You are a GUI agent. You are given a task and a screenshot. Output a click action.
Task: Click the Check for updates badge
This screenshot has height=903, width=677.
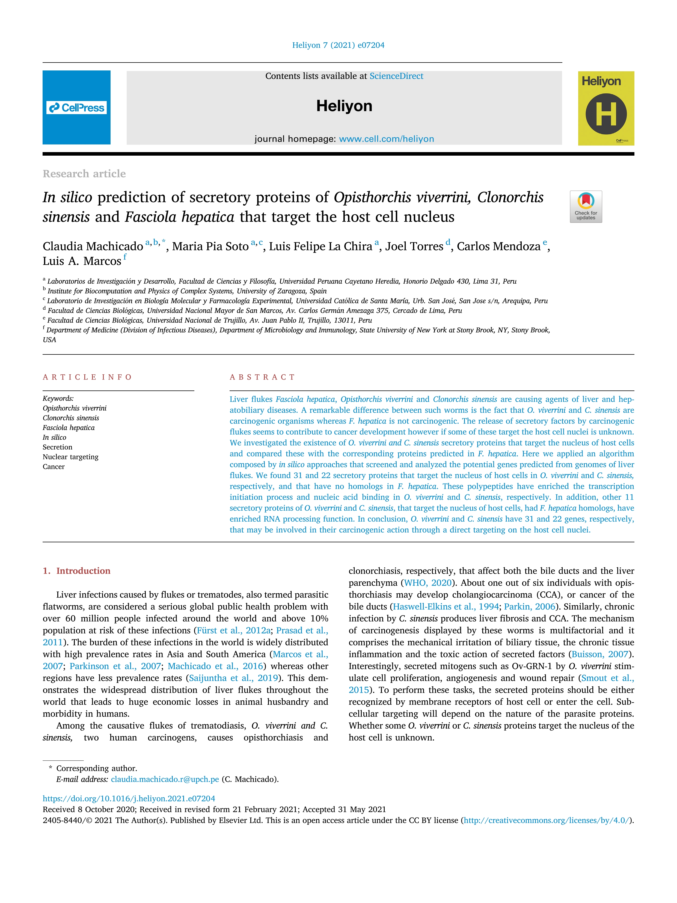pyautogui.click(x=586, y=206)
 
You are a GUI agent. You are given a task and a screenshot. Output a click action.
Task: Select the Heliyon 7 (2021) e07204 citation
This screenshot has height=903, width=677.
pyautogui.click(x=338, y=45)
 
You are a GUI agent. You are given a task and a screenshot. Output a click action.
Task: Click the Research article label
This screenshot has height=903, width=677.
pyautogui.click(x=84, y=174)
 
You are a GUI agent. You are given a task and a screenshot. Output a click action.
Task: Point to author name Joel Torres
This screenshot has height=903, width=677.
pyautogui.click(x=414, y=247)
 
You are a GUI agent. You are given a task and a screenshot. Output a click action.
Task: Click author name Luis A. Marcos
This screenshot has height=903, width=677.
pyautogui.click(x=82, y=261)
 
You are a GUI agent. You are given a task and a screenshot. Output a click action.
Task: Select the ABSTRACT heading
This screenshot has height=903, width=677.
pyautogui.click(x=262, y=377)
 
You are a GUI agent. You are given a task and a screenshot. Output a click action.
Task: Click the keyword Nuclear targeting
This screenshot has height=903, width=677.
pyautogui.click(x=70, y=457)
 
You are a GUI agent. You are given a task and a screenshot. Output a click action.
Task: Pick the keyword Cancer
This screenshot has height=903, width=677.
pyautogui.click(x=54, y=467)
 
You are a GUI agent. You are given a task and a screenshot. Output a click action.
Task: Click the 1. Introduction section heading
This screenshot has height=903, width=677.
pyautogui.click(x=76, y=571)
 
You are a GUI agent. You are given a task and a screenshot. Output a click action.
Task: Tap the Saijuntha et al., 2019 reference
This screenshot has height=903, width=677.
pyautogui.click(x=233, y=678)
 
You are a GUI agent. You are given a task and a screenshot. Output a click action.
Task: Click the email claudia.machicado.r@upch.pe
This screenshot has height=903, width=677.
pyautogui.click(x=165, y=779)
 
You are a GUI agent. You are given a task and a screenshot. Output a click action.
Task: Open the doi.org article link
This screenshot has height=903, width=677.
pyautogui.click(x=129, y=798)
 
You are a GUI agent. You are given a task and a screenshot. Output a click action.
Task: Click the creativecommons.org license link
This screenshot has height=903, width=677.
pyautogui.click(x=547, y=820)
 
